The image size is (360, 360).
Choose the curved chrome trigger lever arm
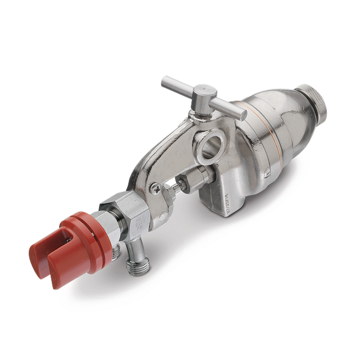152,163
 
